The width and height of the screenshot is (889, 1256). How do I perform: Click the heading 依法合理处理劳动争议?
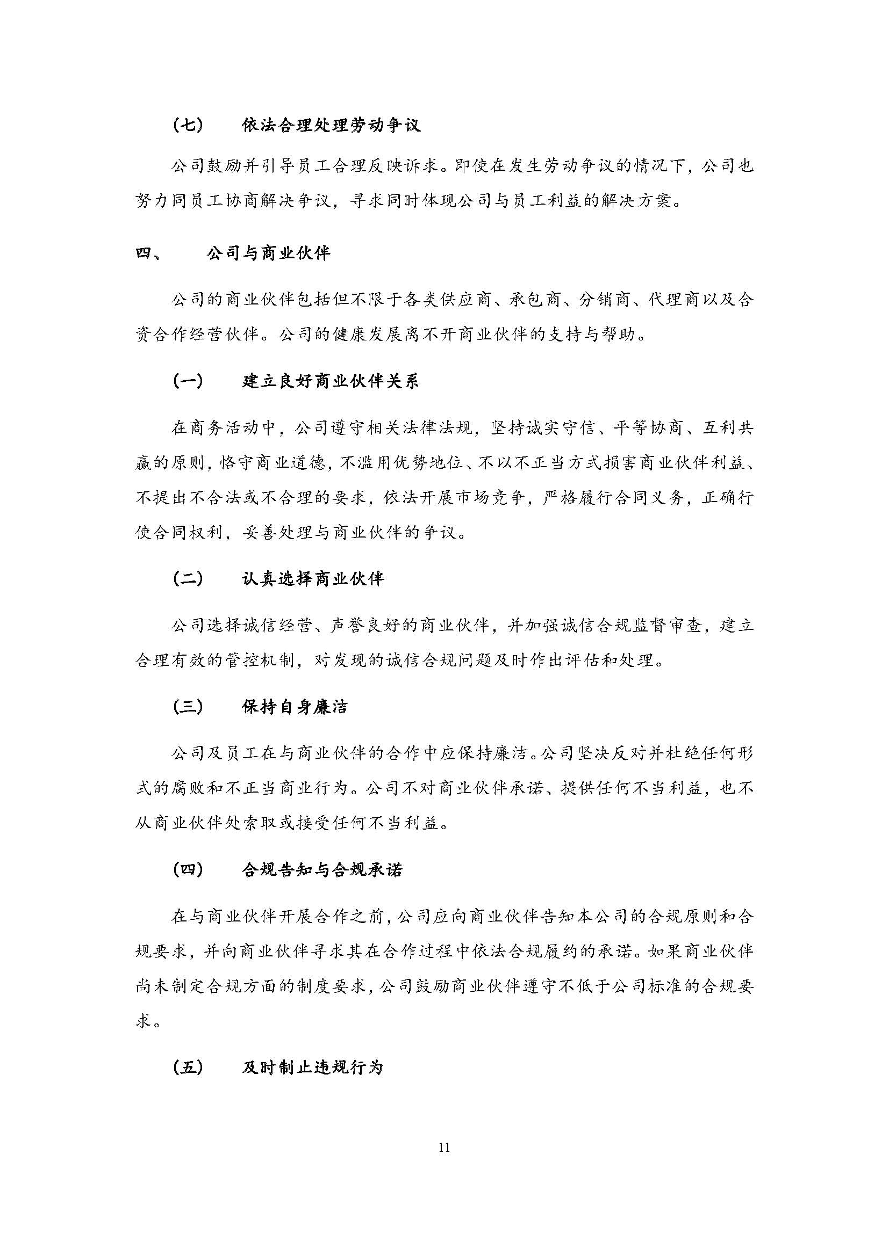pos(331,126)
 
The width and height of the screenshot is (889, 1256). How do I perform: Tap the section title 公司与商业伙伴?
pos(268,253)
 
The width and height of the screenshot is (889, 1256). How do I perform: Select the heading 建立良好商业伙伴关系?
pos(331,381)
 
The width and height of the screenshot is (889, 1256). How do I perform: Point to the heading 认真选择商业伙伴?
pos(313,579)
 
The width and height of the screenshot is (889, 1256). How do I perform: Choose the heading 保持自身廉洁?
pos(295,707)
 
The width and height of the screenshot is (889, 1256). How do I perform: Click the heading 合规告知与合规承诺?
pos(322,870)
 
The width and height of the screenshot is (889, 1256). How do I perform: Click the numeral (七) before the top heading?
pos(188,126)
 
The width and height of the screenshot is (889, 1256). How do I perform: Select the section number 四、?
pos(148,253)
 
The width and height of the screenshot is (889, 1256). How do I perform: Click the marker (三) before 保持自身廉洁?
pos(188,707)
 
